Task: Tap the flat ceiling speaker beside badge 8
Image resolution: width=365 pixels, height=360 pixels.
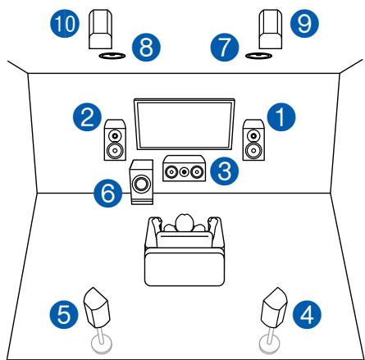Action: (x=111, y=57)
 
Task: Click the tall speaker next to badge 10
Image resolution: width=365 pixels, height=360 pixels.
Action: (x=101, y=30)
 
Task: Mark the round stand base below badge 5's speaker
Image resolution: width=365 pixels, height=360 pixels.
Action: (x=100, y=344)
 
